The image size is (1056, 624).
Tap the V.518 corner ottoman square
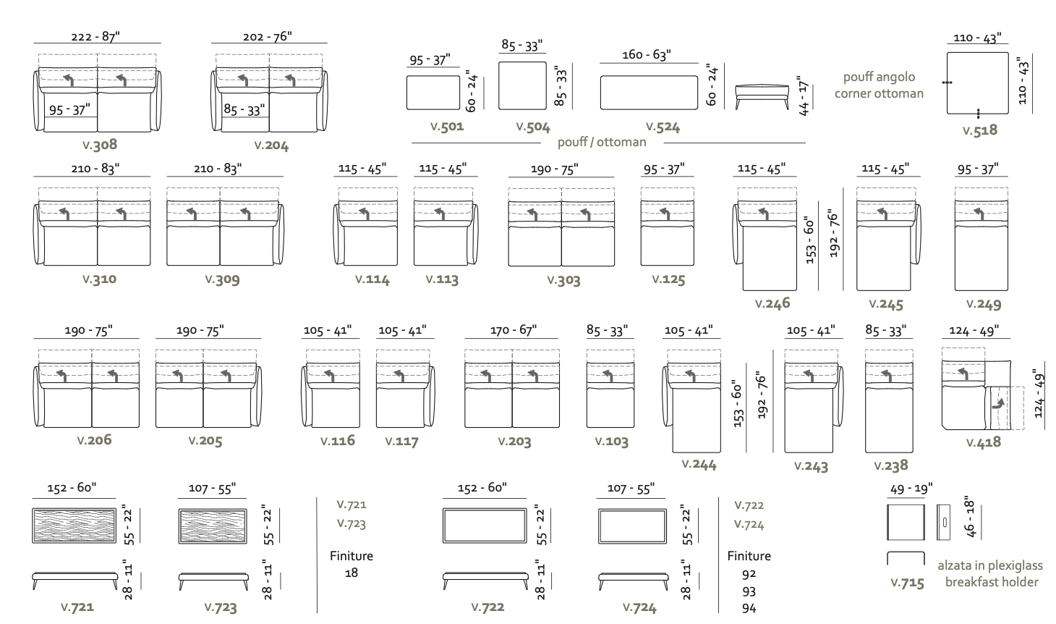click(x=977, y=83)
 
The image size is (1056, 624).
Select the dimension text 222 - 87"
click(x=95, y=36)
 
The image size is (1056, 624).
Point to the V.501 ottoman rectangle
click(x=433, y=93)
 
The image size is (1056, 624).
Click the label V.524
click(x=663, y=127)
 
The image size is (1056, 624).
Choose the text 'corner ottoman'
click(x=879, y=93)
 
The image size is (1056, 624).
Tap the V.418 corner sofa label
click(x=982, y=442)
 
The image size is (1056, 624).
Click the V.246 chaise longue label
click(x=772, y=303)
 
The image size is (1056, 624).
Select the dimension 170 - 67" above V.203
click(x=512, y=331)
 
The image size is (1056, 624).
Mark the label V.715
click(x=907, y=583)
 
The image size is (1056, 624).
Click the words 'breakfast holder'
click(x=992, y=582)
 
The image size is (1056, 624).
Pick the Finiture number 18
click(x=352, y=573)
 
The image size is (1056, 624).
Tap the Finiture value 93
click(x=749, y=591)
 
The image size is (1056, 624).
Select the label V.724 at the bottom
click(x=639, y=607)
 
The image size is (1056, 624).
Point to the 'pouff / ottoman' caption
click(x=602, y=142)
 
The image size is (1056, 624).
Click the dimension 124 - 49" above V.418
click(x=974, y=331)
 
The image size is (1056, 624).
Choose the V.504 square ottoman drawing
click(x=522, y=85)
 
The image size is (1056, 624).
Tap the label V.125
click(x=668, y=279)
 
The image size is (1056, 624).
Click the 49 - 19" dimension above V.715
click(x=911, y=489)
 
